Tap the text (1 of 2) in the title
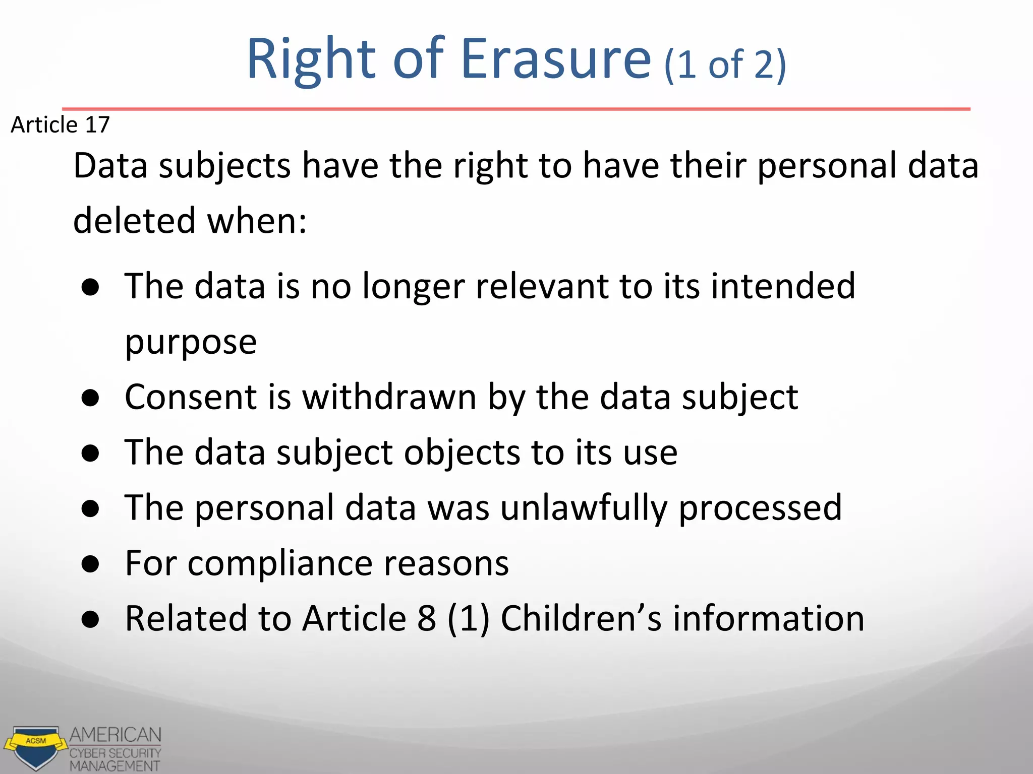point(725,65)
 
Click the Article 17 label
point(60,124)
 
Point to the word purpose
point(191,342)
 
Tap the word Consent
point(191,397)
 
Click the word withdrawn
point(389,397)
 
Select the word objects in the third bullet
point(462,452)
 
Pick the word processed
point(760,507)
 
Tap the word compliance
point(280,563)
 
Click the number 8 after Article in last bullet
point(427,618)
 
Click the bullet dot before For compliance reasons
point(91,565)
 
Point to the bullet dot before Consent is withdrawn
point(91,399)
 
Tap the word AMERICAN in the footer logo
point(116,735)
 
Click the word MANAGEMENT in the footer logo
point(115,766)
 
